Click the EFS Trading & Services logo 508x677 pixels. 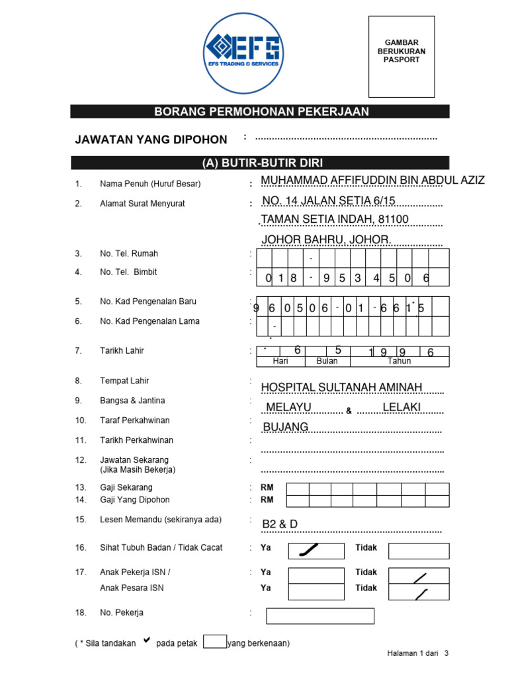point(243,53)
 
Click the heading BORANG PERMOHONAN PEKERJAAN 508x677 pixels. point(261,112)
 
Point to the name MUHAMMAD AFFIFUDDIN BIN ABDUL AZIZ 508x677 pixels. point(373,181)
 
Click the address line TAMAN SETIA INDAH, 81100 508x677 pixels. point(335,219)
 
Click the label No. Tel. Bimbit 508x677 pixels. point(128,272)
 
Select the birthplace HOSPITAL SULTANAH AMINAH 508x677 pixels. point(341,387)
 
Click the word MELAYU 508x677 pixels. point(288,407)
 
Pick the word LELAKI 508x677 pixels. point(402,407)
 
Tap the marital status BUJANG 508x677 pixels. point(286,427)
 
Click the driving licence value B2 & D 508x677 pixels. point(280,524)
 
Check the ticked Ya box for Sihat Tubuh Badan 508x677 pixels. point(316,551)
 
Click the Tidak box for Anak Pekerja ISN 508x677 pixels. point(418,575)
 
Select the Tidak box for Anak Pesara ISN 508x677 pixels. point(418,592)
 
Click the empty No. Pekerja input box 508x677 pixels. point(320,616)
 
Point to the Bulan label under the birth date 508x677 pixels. point(327,362)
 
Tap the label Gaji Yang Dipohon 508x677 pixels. point(134,500)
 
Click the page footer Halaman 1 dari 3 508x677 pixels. point(417,654)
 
